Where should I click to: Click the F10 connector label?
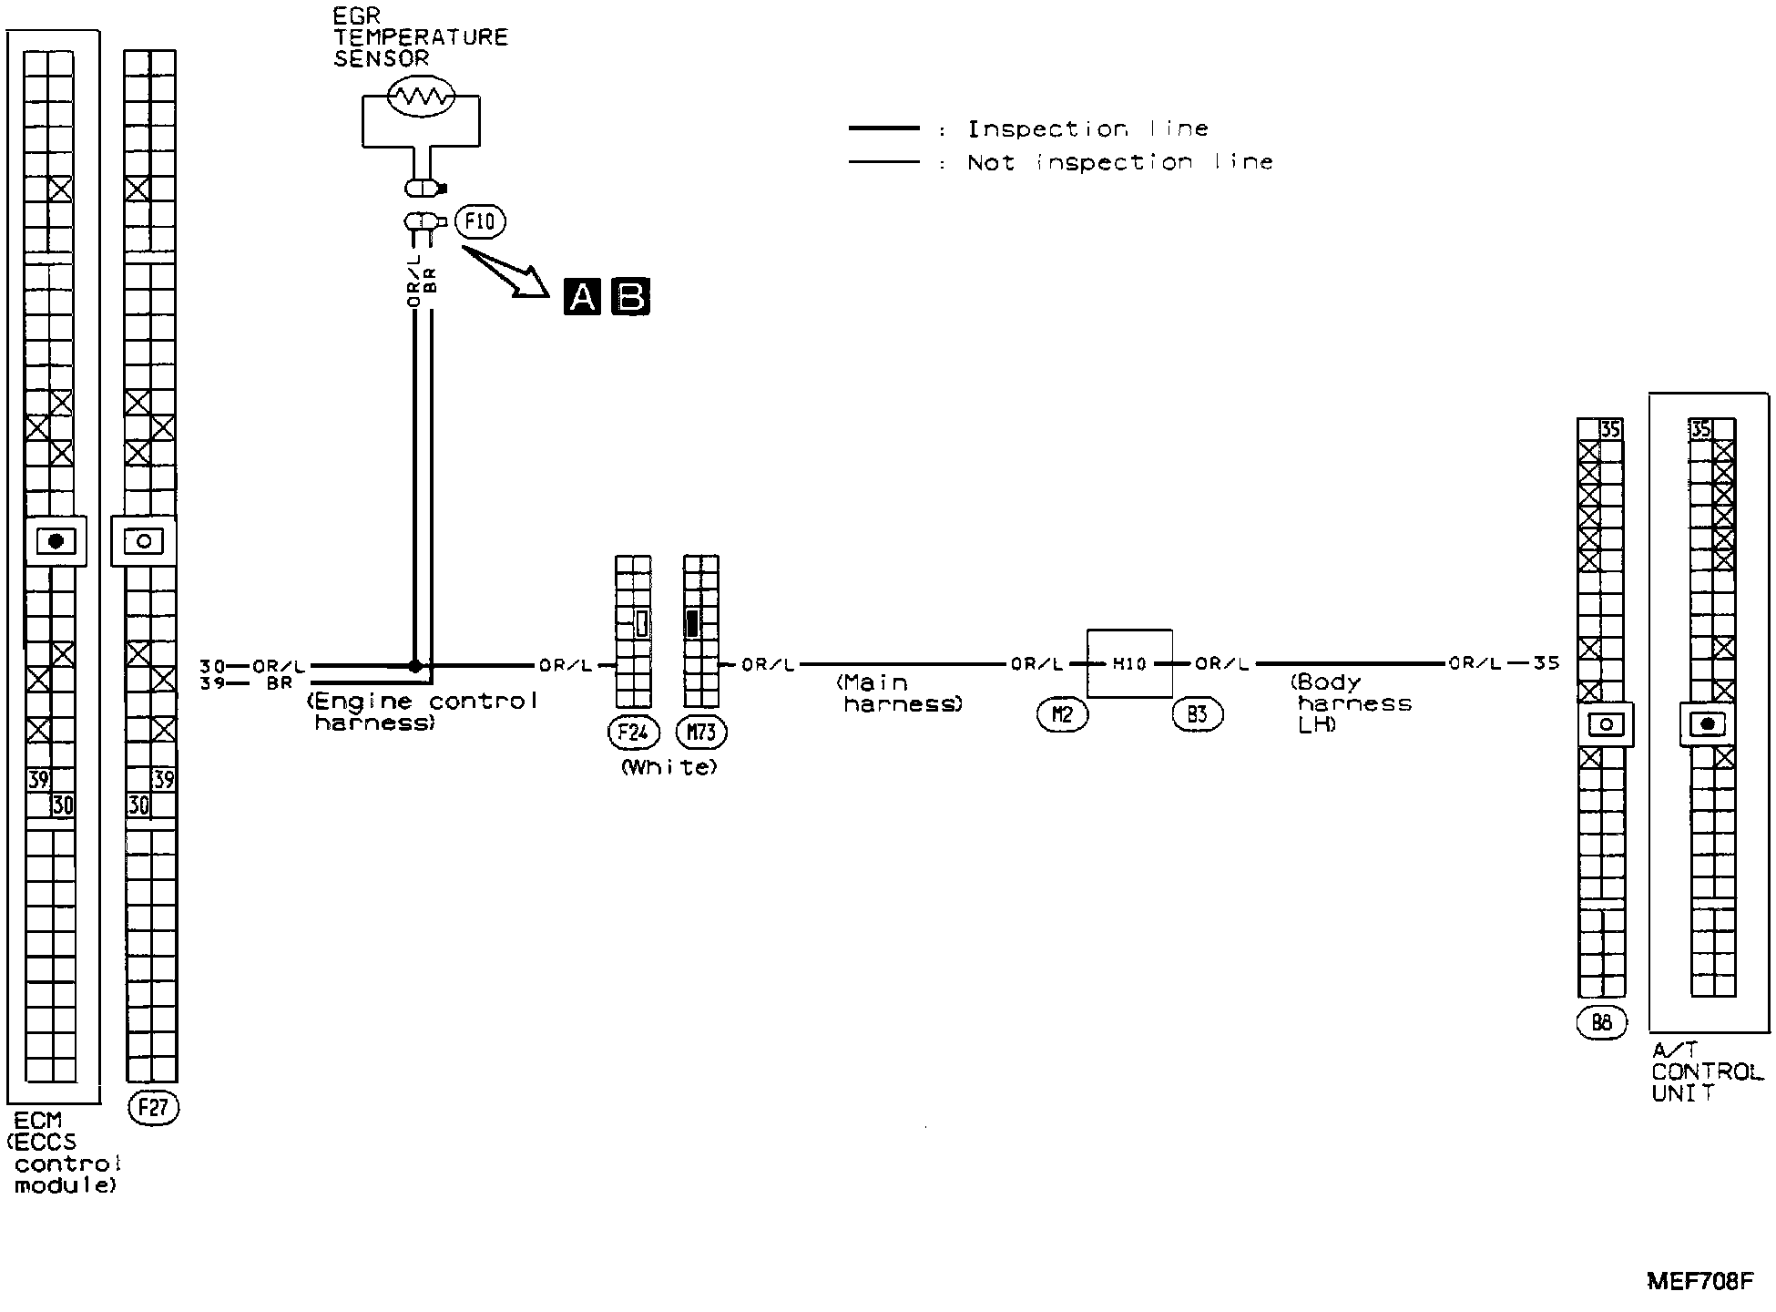[x=480, y=221]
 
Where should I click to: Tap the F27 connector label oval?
[x=153, y=1107]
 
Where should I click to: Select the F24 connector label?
[x=632, y=732]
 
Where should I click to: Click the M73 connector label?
[x=702, y=732]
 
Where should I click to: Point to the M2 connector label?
[x=1062, y=715]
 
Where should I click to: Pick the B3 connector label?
[x=1197, y=715]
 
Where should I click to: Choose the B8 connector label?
[x=1601, y=1023]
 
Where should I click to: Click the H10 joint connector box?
[x=1129, y=664]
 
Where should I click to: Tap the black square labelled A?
[x=583, y=297]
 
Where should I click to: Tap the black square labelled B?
[x=631, y=297]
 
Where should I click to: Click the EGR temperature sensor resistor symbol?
[x=421, y=97]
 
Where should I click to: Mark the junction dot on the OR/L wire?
[x=415, y=666]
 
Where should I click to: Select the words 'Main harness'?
[x=899, y=693]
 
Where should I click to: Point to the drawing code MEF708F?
[x=1699, y=1281]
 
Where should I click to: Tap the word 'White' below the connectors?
[x=669, y=767]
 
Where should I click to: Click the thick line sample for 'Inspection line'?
[x=883, y=129]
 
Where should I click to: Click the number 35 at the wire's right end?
[x=1546, y=663]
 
